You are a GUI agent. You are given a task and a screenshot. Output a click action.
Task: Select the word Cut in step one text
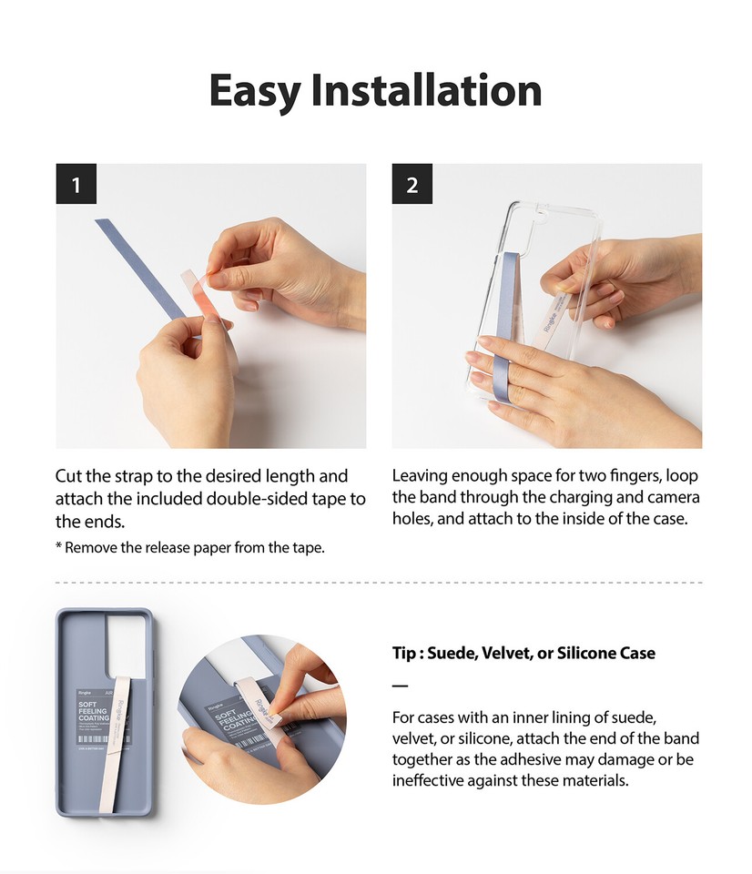click(x=68, y=476)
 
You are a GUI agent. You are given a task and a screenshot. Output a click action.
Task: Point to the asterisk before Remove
click(x=58, y=547)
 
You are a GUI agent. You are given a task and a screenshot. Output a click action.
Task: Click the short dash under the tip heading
click(x=400, y=686)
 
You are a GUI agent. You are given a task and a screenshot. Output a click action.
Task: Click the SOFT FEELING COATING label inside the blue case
click(x=93, y=712)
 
